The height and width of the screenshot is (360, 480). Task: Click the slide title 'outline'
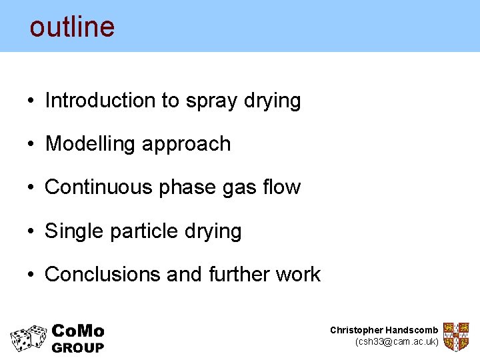72,27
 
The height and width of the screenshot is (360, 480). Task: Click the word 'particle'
141,231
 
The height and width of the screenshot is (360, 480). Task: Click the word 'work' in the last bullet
301,274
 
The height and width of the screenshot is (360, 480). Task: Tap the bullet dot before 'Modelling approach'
31,145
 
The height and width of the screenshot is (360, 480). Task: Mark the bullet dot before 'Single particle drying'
31,231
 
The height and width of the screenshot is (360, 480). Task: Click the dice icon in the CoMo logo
29,338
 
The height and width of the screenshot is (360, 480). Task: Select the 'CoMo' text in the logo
78,331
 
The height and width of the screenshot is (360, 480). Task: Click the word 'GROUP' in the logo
78,347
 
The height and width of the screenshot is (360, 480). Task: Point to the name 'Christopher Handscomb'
384,330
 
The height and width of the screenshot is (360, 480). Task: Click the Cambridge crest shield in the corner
456,337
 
